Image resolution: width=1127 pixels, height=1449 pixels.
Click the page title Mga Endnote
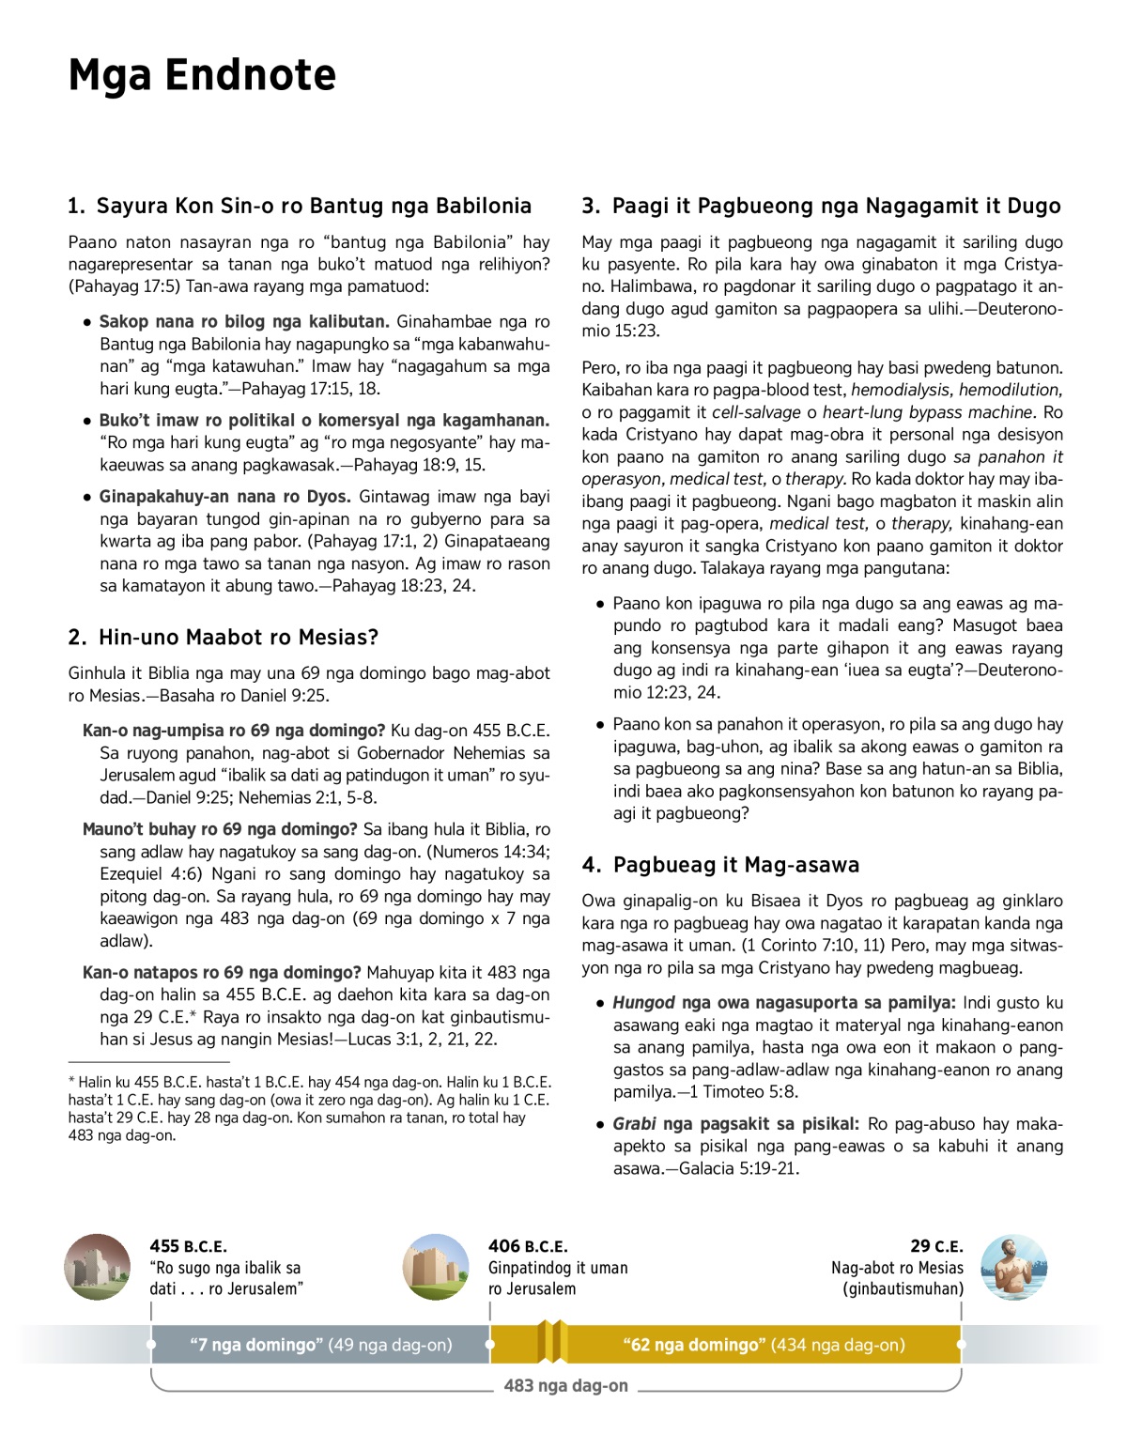[202, 75]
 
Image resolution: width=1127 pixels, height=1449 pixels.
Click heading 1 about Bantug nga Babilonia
[300, 206]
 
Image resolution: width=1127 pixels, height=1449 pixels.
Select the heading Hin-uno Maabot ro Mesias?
[224, 638]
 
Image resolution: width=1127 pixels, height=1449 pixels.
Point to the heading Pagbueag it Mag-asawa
[720, 865]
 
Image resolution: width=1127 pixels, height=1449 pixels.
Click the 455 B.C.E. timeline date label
[188, 1246]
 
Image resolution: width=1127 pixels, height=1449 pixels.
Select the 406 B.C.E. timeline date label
[528, 1246]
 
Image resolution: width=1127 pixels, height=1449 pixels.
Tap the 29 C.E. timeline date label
[936, 1246]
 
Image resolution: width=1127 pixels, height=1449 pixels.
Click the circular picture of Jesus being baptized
[1013, 1268]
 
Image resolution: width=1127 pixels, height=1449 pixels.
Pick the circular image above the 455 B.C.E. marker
[98, 1268]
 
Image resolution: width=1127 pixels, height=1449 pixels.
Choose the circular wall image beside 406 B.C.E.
[436, 1268]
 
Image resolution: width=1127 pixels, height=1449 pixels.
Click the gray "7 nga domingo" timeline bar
[320, 1345]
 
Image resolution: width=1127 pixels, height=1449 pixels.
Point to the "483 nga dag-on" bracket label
[565, 1386]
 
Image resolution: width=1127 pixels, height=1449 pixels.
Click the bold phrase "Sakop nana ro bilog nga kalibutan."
[244, 322]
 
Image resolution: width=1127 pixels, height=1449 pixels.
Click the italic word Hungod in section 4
[643, 1003]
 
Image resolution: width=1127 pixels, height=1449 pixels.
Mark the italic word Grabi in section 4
[634, 1124]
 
